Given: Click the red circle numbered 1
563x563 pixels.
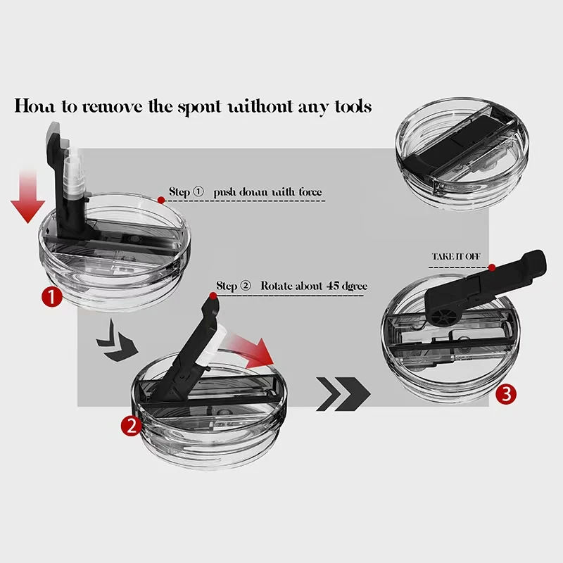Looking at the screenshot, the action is (51, 297).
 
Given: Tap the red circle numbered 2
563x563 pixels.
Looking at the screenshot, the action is (131, 426).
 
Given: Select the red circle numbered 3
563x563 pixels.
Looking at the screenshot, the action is (506, 394).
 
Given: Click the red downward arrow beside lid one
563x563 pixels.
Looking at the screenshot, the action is (27, 197).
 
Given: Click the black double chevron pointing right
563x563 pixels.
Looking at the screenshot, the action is (343, 394).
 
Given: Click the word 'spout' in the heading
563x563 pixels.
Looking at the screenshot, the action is (200, 107).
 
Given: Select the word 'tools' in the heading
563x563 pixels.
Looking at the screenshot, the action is (353, 106).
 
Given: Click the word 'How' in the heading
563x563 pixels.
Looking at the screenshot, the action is (34, 106).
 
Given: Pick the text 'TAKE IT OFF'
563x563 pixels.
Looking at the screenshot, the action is (456, 256).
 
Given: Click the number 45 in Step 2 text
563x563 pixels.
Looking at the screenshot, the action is (333, 286).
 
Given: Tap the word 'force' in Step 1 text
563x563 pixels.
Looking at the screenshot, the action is (310, 192).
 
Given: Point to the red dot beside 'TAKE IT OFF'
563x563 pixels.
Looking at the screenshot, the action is (492, 267).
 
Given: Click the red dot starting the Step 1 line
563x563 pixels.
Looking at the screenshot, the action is (161, 201).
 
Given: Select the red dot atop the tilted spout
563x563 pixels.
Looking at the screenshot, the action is (213, 296).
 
